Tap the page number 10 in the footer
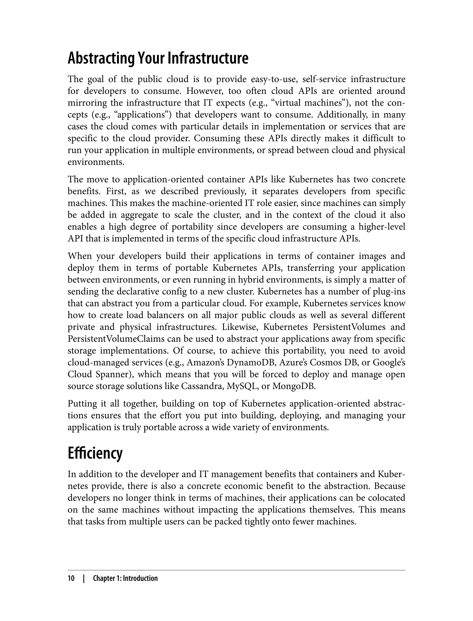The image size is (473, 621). click(x=71, y=578)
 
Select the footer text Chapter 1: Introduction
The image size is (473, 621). click(x=125, y=578)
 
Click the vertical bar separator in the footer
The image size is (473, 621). click(x=84, y=578)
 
